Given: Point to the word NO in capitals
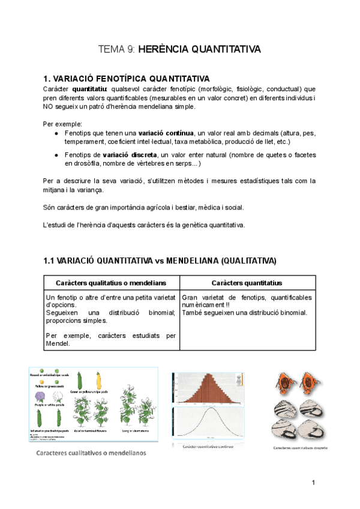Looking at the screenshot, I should [49, 107].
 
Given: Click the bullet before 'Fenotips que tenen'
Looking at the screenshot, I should [56, 133].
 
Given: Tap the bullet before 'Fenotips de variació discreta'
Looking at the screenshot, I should [56, 155].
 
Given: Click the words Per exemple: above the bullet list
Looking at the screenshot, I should [61, 124].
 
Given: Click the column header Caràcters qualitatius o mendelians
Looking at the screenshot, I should [111, 282].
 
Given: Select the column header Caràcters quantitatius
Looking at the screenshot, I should [247, 282].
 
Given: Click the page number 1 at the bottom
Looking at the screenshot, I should [313, 483].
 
